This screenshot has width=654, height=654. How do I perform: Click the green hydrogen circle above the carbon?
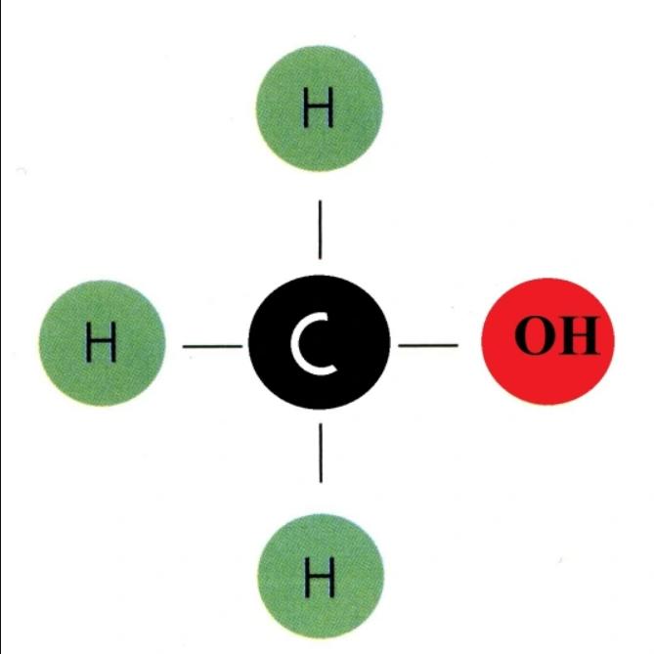[319, 109]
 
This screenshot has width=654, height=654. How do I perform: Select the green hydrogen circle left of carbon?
[103, 343]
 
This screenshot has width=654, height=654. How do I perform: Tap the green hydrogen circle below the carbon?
[321, 577]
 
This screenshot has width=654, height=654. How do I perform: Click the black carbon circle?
[320, 342]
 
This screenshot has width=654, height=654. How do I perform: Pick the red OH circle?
[548, 341]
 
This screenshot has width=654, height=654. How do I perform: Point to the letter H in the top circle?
[319, 108]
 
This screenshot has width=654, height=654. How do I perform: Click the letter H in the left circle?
[101, 342]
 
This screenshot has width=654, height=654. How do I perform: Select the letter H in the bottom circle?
[320, 578]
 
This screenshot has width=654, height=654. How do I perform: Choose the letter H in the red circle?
[578, 335]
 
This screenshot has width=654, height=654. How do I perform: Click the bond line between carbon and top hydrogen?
[320, 230]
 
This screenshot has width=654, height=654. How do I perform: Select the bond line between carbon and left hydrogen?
[213, 346]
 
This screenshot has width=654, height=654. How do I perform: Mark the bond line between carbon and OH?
[428, 345]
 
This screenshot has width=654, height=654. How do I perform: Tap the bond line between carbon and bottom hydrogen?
[321, 453]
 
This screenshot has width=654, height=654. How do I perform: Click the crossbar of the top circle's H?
[319, 107]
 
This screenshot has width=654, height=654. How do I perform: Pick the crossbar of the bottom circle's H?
[320, 578]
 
